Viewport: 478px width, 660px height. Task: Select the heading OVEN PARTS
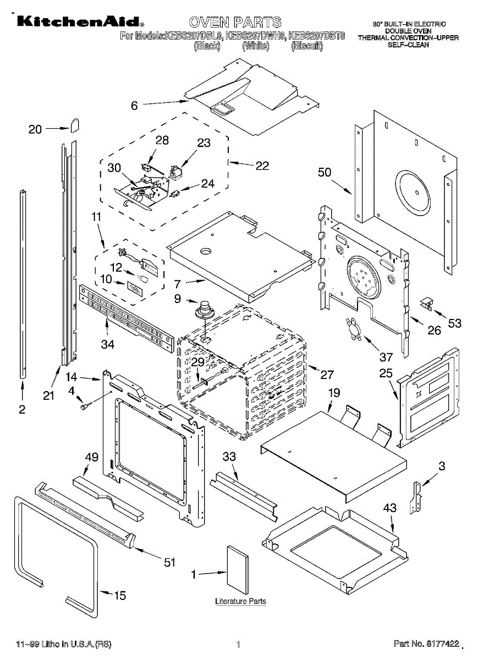click(x=235, y=23)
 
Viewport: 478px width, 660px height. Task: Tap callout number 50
click(x=325, y=172)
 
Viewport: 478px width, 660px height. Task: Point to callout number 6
click(x=134, y=106)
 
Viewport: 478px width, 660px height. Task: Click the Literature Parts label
click(x=240, y=601)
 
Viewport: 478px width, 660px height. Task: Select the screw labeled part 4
click(x=85, y=406)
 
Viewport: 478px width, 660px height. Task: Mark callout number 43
click(x=389, y=509)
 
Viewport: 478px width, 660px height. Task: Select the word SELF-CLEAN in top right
click(x=408, y=45)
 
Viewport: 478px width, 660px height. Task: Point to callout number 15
click(x=119, y=595)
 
